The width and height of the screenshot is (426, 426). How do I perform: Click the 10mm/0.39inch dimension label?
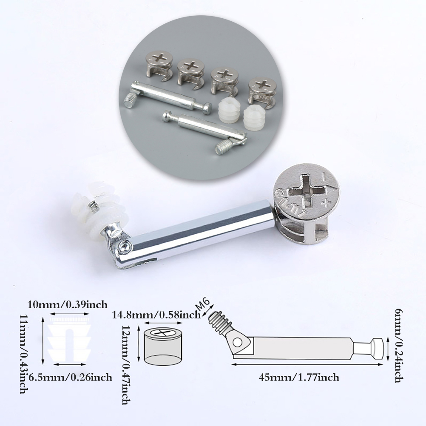coord(67,304)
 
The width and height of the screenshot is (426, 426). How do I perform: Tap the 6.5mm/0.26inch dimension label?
coord(70,377)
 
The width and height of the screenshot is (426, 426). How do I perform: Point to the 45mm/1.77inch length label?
coord(299,378)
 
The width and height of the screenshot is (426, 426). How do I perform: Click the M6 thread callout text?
coord(204,307)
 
